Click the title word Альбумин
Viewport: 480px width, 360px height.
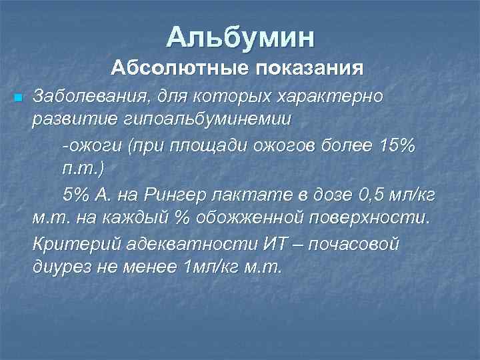pos(240,37)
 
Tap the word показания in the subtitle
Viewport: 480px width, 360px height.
pos(306,68)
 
